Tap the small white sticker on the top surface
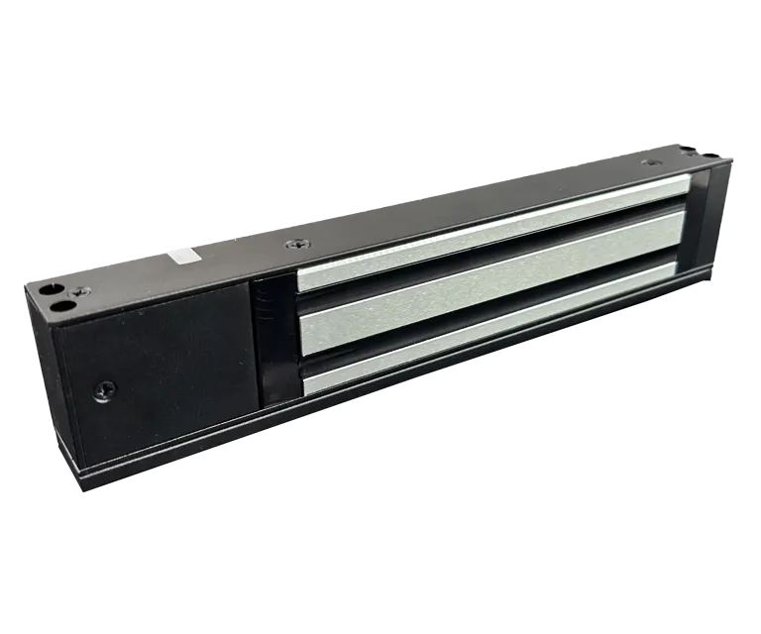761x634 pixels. (x=179, y=256)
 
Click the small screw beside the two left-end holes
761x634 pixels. (x=84, y=290)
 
